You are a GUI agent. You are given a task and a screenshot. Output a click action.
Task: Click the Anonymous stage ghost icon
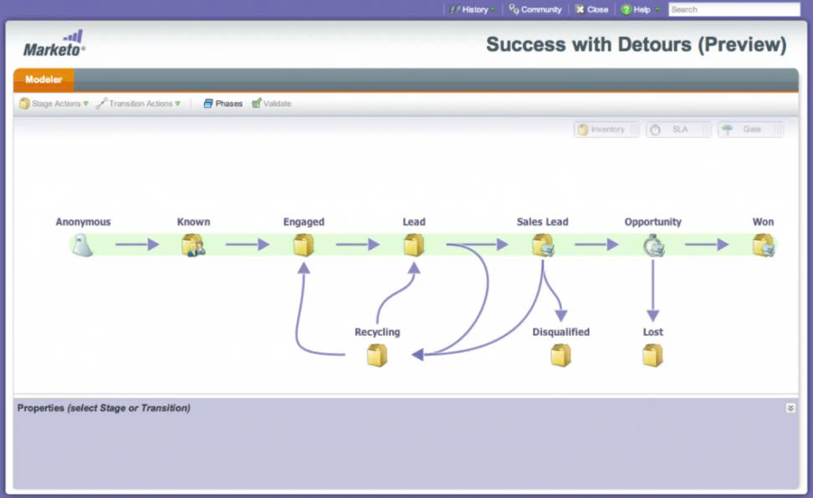(82, 245)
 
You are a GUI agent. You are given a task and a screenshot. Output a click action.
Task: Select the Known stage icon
(193, 245)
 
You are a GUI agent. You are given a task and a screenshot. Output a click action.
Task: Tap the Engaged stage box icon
(304, 245)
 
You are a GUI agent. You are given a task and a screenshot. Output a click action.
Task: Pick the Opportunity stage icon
(653, 245)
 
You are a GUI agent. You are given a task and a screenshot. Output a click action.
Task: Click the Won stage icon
(763, 245)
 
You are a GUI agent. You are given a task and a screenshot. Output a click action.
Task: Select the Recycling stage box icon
(377, 355)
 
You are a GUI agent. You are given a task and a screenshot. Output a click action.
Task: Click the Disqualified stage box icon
(560, 355)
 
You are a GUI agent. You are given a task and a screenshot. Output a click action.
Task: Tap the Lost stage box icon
(652, 355)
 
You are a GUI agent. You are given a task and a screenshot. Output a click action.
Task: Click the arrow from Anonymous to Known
(137, 245)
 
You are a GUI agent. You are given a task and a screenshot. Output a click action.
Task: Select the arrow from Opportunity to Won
(707, 245)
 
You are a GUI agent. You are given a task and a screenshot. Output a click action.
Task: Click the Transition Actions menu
(139, 104)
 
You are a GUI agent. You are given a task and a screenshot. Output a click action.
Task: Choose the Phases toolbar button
(223, 104)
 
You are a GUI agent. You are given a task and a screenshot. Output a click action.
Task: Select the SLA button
(678, 130)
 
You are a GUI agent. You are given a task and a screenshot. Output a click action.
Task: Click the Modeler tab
(43, 79)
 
